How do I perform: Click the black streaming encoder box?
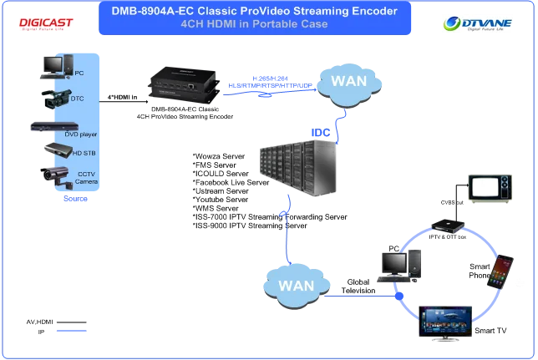182,83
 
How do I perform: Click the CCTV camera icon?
56,175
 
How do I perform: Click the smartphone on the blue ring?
500,271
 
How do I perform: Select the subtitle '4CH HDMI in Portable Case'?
254,24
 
